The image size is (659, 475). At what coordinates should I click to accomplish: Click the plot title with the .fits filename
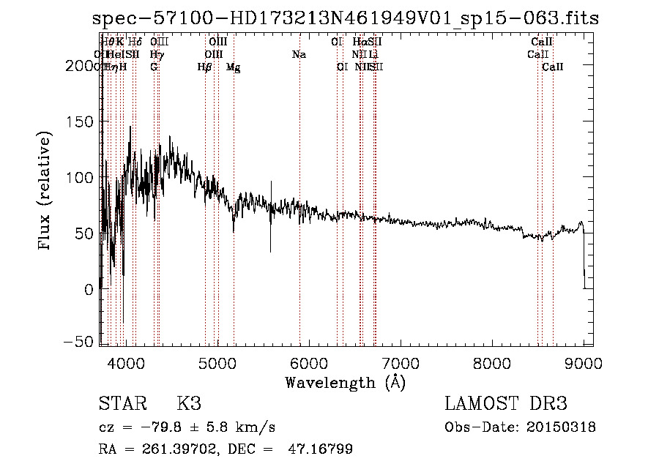[346, 19]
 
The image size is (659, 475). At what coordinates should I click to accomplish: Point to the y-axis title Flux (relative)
[45, 192]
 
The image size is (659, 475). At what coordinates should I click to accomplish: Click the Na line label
[299, 54]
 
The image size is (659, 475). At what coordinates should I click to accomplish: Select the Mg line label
[234, 67]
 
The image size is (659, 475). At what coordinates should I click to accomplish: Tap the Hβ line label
[205, 67]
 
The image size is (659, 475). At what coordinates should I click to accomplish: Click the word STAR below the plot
[120, 404]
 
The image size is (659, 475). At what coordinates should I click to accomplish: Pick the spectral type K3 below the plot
[188, 404]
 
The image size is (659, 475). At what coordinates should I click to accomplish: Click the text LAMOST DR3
[505, 404]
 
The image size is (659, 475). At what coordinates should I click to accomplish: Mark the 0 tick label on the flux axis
[89, 289]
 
